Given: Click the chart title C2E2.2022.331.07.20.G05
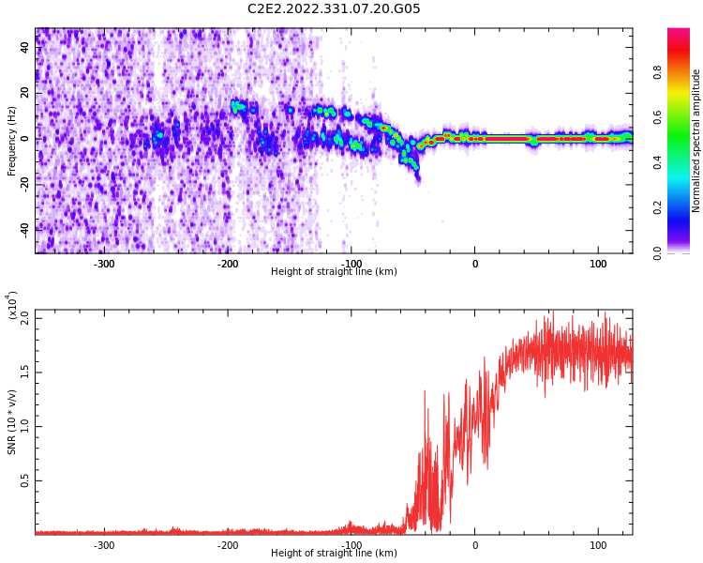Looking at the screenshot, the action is pyautogui.click(x=334, y=8).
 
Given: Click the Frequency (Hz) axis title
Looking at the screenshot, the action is pyautogui.click(x=11, y=141).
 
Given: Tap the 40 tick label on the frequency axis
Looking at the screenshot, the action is pyautogui.click(x=24, y=47).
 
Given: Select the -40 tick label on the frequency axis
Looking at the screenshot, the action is pyautogui.click(x=24, y=229).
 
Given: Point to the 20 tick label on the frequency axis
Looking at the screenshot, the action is pyautogui.click(x=24, y=93).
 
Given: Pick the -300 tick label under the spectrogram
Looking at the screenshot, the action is pyautogui.click(x=104, y=264).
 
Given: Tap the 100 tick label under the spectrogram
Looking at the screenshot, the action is pyautogui.click(x=598, y=264).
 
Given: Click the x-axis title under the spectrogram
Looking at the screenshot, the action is pyautogui.click(x=334, y=271).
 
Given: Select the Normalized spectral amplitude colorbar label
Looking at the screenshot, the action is pyautogui.click(x=696, y=141).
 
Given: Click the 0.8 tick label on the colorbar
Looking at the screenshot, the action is pyautogui.click(x=657, y=72).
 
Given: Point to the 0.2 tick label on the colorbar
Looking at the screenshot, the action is pyautogui.click(x=657, y=208).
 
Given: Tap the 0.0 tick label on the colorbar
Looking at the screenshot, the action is pyautogui.click(x=657, y=253).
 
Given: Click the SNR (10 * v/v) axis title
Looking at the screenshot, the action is pyautogui.click(x=11, y=422).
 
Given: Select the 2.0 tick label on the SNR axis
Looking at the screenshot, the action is pyautogui.click(x=24, y=318).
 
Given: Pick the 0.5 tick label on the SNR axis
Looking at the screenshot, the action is pyautogui.click(x=24, y=480).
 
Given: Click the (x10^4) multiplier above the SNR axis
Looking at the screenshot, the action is pyautogui.click(x=12, y=305).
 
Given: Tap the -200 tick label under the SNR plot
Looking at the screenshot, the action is pyautogui.click(x=228, y=545).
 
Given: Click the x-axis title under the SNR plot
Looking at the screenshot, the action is pyautogui.click(x=334, y=553).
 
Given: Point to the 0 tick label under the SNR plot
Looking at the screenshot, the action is pyautogui.click(x=475, y=545).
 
